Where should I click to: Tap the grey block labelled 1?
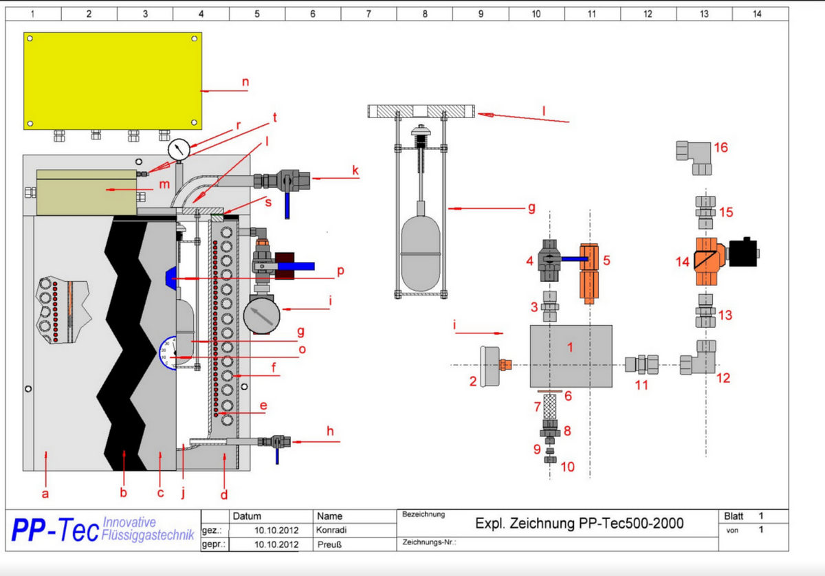[x=571, y=356]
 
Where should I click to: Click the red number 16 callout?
[x=720, y=147]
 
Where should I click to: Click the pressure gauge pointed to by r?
[x=178, y=150]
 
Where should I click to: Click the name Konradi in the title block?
[x=331, y=530]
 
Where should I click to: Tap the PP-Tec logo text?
[x=52, y=529]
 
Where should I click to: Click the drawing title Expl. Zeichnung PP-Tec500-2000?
[x=579, y=524]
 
